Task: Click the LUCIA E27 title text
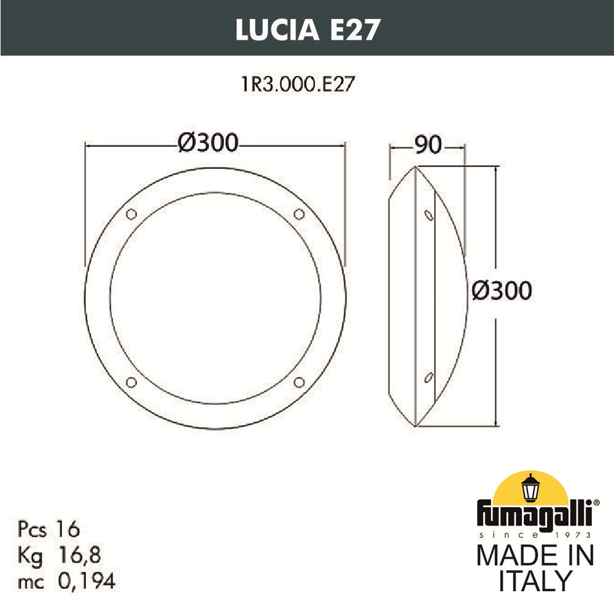coord(306,29)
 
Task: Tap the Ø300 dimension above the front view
coord(207,143)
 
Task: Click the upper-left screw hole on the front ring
coord(131,214)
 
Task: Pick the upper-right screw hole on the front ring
coord(299,214)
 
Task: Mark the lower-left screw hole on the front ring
coord(131,383)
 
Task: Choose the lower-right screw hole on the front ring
coord(299,383)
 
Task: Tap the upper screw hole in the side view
coord(429,215)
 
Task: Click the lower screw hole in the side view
coord(429,376)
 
